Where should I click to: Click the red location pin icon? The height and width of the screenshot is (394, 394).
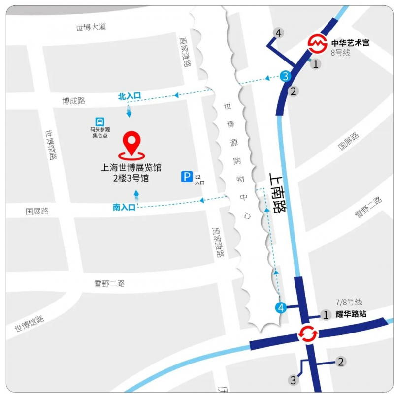pos(131,143)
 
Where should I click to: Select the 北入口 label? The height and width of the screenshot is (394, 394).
pos(130,96)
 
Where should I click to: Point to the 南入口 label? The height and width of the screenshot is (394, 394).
pos(124,208)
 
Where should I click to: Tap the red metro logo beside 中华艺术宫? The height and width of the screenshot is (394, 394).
pos(317,43)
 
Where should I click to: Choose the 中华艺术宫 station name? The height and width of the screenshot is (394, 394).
pos(350,43)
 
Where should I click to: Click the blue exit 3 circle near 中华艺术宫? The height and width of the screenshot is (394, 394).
pos(286,76)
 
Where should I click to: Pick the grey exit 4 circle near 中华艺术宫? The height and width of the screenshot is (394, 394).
pos(279,33)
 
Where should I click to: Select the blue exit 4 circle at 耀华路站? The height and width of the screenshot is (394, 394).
pos(280,308)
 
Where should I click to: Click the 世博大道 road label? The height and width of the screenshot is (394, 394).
pos(91,27)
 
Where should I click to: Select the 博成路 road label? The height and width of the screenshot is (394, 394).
pos(73,101)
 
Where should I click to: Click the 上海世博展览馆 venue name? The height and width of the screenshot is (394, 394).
pos(131,167)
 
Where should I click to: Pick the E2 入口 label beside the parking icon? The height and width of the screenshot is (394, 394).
pos(199,179)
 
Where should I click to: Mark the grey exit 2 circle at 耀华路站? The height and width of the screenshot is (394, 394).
pos(340,362)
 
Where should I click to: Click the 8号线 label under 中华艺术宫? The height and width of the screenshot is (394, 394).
pos(340,53)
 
